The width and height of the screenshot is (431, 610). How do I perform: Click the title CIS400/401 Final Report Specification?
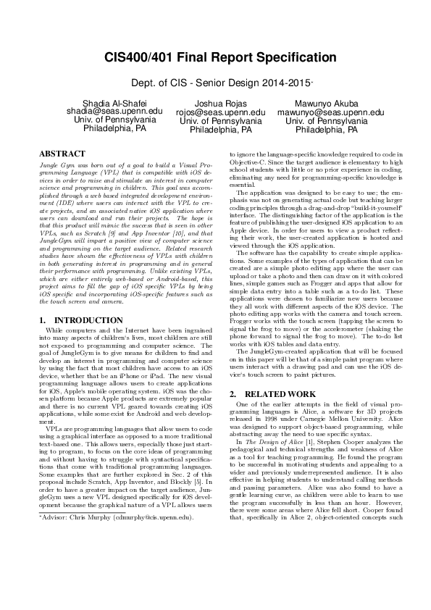tap(215, 57)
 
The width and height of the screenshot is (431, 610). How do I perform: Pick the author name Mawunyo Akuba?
tap(326, 104)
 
